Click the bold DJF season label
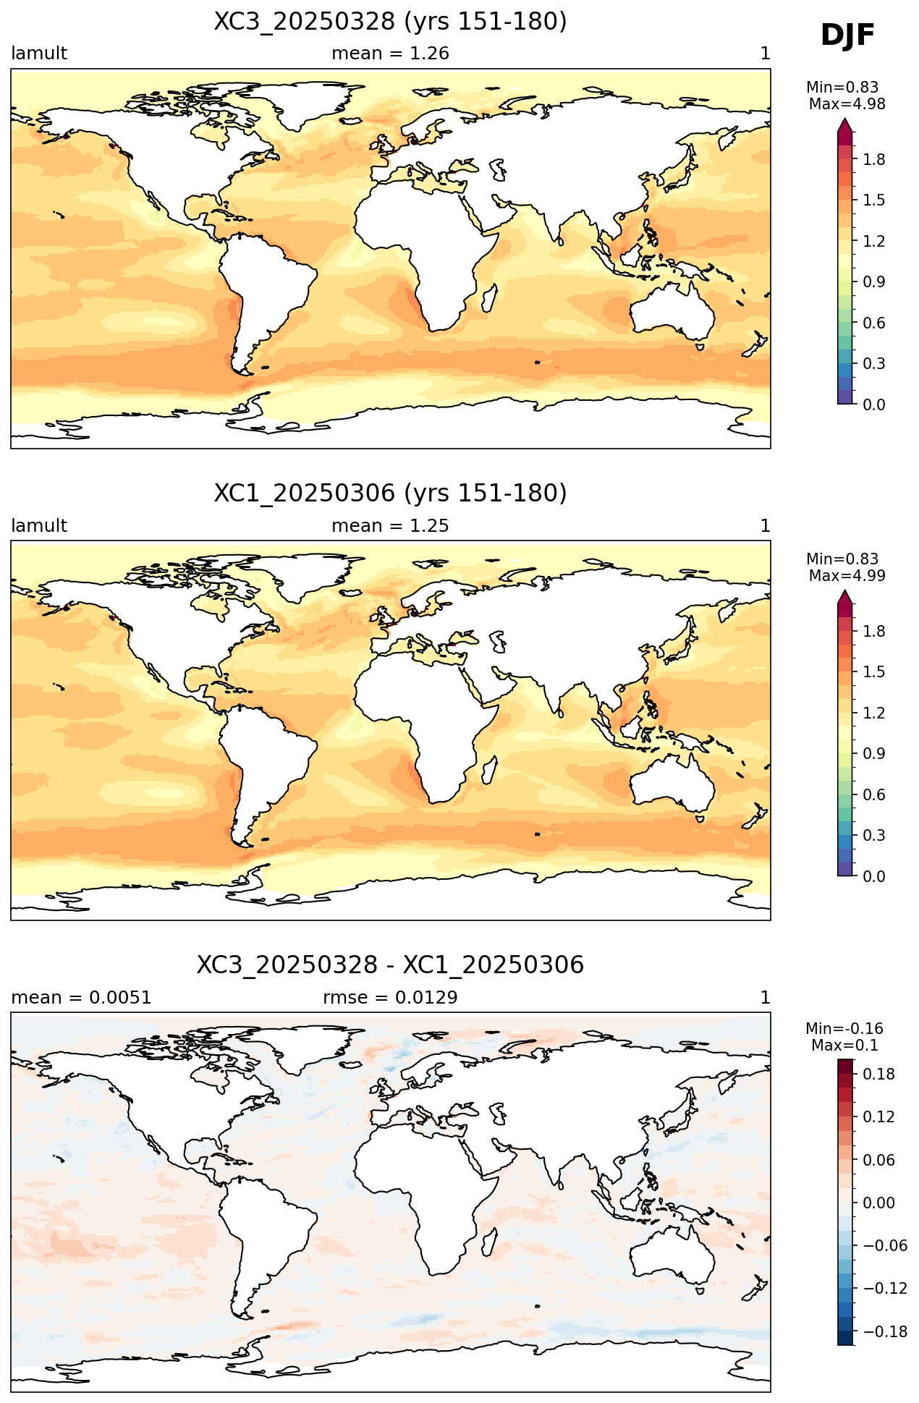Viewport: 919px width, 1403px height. (x=847, y=35)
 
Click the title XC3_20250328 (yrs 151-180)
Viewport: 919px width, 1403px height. (x=390, y=22)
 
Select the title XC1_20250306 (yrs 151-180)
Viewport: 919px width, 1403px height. (x=390, y=493)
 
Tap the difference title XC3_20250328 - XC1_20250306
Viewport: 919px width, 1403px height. (x=390, y=965)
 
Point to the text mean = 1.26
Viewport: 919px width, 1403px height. (x=390, y=54)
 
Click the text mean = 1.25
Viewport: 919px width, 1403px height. (x=390, y=526)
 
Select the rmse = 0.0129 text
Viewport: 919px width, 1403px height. (x=390, y=998)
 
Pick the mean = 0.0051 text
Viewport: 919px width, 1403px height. (x=81, y=998)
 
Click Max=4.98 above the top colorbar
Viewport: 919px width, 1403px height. (x=847, y=104)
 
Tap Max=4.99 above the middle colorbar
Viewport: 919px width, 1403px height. (x=847, y=576)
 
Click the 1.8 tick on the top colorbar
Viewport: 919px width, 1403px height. (x=874, y=160)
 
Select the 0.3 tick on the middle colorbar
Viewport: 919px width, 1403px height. (x=874, y=836)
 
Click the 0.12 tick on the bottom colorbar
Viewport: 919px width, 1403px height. (x=879, y=1117)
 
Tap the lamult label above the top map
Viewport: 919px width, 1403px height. (x=39, y=54)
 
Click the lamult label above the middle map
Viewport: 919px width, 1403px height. (x=39, y=526)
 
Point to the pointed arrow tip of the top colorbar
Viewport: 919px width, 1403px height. (x=844, y=119)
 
